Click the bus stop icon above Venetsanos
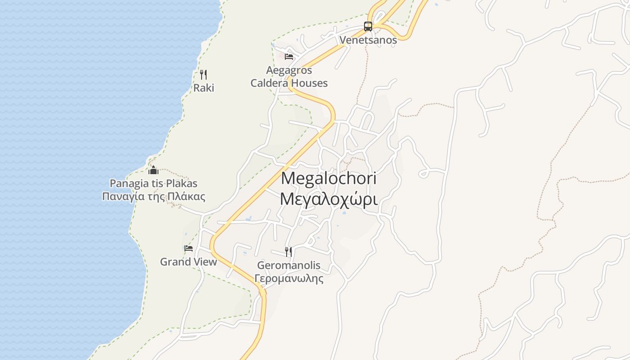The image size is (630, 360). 368,27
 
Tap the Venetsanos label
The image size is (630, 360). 368,40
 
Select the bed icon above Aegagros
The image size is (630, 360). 289,57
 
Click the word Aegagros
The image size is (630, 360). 289,70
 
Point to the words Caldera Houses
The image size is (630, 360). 289,83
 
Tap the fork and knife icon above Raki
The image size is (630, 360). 203,75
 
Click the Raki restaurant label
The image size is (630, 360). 203,88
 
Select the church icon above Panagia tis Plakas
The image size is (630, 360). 153,171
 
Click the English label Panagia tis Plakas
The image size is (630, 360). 153,184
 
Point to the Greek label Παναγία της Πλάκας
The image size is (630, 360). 153,197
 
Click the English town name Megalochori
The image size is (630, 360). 328,178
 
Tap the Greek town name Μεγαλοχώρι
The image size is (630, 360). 328,198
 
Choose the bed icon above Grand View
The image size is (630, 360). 189,248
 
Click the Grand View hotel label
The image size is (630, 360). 189,261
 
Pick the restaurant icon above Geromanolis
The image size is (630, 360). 289,252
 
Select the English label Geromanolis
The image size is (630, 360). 289,265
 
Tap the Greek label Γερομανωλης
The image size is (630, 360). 289,279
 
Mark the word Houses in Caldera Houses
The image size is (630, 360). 309,83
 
